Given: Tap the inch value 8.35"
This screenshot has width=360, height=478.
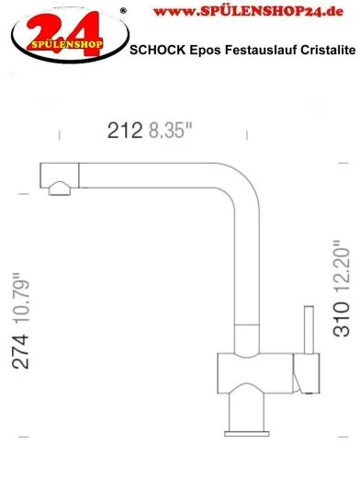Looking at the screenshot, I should (169, 132).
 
